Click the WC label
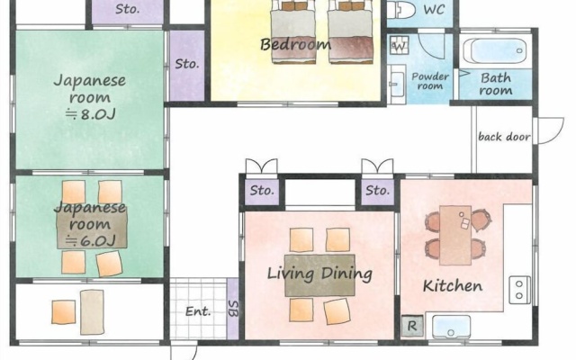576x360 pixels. coord(434,10)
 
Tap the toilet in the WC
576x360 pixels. coord(400,9)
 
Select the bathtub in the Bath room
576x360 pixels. coord(495,50)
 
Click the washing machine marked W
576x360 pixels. coord(400,46)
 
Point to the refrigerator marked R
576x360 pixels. coord(412,326)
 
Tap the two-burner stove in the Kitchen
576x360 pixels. coord(519,290)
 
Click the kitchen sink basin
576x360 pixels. coord(451,326)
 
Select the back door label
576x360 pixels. coord(504,137)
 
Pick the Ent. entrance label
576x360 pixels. coord(198,311)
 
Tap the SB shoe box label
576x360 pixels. coord(233,309)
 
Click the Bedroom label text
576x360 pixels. coord(295,44)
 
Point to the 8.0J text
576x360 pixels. coord(90,114)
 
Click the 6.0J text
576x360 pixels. coord(90,241)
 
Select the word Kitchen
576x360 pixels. coord(453,286)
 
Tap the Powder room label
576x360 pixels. coord(430,81)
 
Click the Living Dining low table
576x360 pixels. coord(319,275)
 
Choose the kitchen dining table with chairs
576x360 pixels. coord(455,235)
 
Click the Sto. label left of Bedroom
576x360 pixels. coord(187,64)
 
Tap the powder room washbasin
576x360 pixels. coord(396,85)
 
